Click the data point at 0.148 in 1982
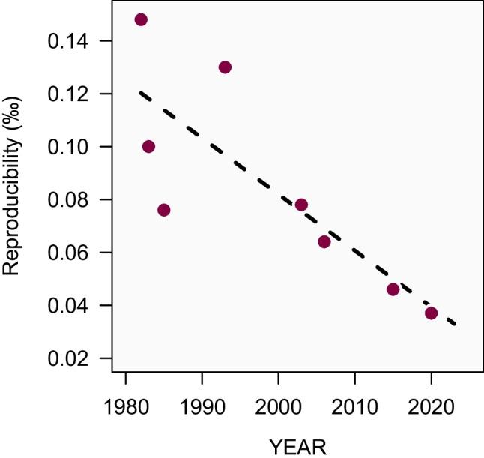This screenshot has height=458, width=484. pos(141,19)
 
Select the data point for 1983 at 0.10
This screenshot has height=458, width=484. pos(148,146)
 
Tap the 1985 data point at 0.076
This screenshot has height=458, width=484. pos(164,210)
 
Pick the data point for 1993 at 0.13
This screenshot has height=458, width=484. pos(225,67)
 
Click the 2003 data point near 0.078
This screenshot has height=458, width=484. pos(301,205)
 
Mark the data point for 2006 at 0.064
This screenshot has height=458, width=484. pos(324,241)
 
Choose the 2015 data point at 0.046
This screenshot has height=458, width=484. pos(393,289)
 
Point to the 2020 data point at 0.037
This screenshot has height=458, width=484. pos(431,313)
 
